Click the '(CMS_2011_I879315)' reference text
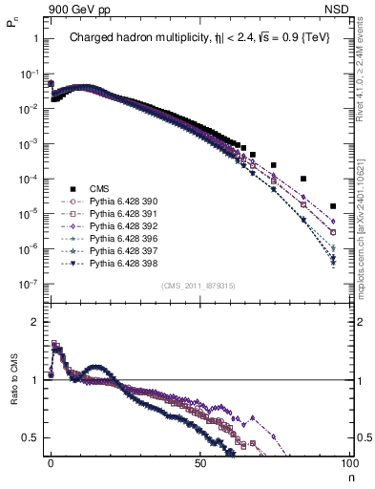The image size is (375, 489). [198, 285]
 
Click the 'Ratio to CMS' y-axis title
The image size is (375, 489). [13, 393]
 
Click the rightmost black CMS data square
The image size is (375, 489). [333, 206]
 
